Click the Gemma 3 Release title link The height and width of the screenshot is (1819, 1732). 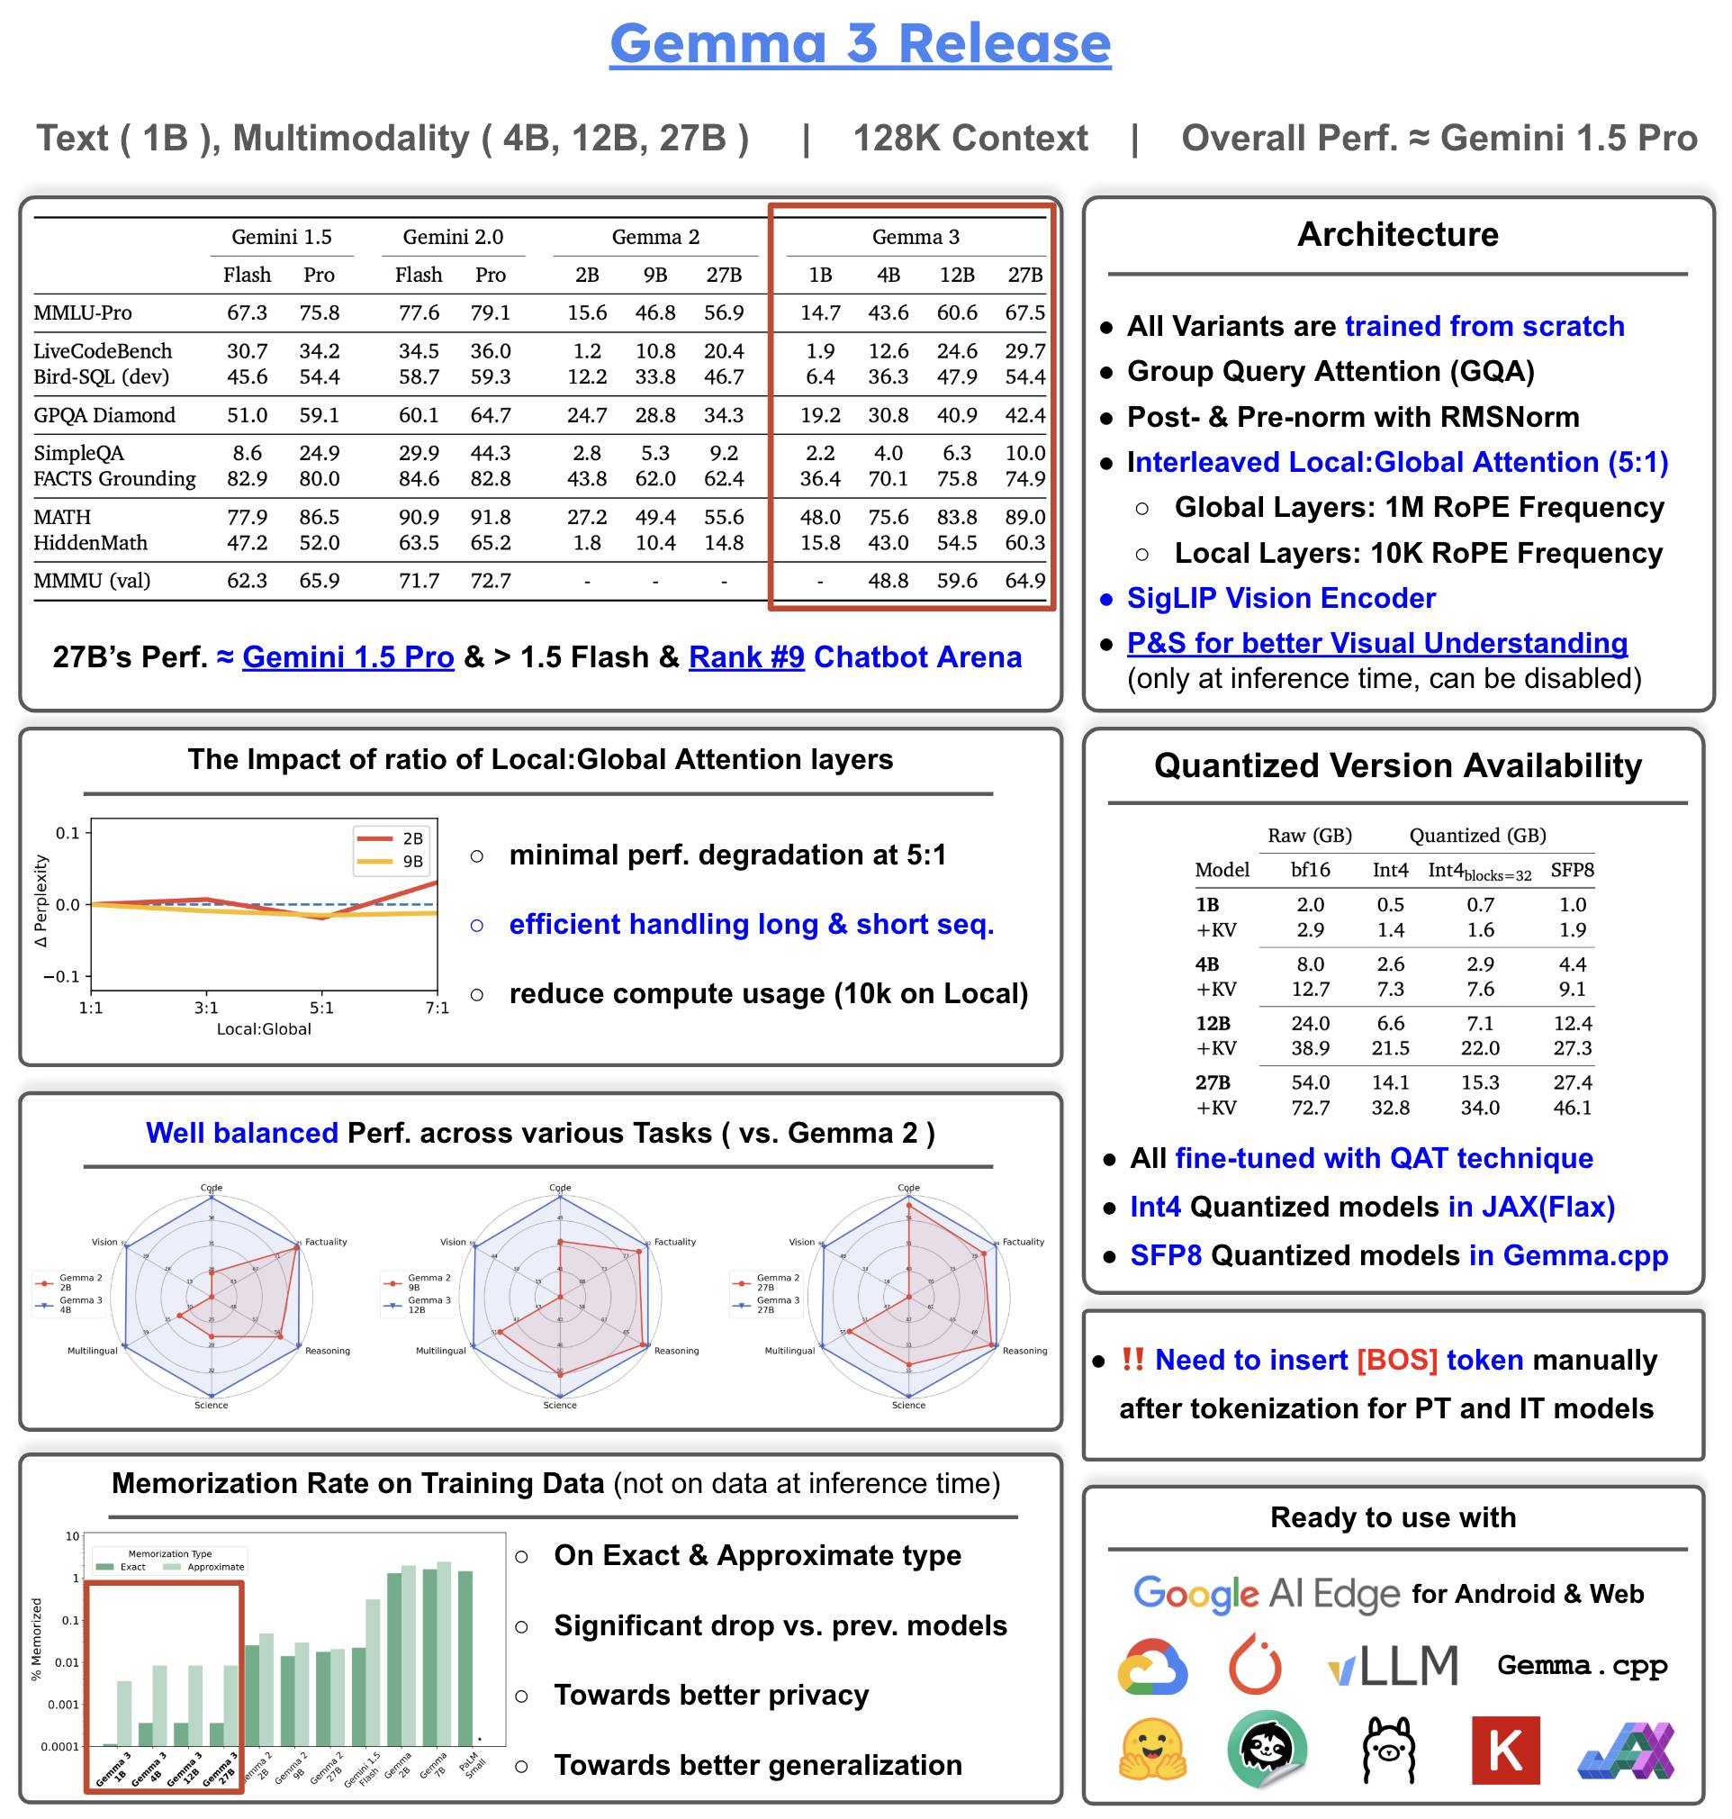pyautogui.click(x=860, y=43)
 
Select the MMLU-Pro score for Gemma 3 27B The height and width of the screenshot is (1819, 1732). pyautogui.click(x=1024, y=313)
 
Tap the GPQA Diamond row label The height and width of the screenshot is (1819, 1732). pyautogui.click(x=104, y=415)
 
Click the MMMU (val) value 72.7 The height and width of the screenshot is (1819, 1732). pyautogui.click(x=491, y=581)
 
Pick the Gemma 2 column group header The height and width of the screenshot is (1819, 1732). pyautogui.click(x=655, y=238)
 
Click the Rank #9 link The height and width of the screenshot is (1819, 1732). pyautogui.click(x=746, y=656)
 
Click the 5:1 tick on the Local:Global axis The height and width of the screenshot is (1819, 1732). pyautogui.click(x=321, y=1008)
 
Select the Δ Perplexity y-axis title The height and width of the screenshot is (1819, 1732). pyautogui.click(x=41, y=900)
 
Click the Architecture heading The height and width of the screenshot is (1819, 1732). pyautogui.click(x=1397, y=234)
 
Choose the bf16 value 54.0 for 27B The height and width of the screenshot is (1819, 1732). pyautogui.click(x=1310, y=1082)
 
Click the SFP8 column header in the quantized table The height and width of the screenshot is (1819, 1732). pyautogui.click(x=1572, y=870)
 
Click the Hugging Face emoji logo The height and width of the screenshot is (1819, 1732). pyautogui.click(x=1152, y=1749)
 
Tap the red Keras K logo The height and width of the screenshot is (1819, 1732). pyautogui.click(x=1505, y=1749)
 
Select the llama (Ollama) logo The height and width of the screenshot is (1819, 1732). pyautogui.click(x=1388, y=1749)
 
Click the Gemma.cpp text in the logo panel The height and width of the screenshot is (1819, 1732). pyautogui.click(x=1582, y=1665)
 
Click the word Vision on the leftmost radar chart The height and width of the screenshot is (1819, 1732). pyautogui.click(x=104, y=1242)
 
